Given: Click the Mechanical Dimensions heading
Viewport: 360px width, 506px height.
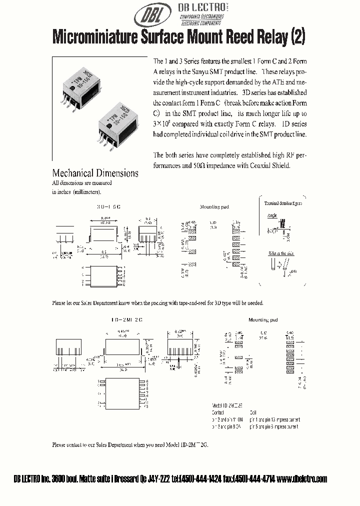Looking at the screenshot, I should [95, 173].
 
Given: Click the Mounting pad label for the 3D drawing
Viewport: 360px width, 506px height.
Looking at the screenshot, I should [214, 206].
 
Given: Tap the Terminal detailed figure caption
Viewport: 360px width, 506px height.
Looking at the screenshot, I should [283, 203].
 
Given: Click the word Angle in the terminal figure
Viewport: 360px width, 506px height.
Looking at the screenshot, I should [272, 215].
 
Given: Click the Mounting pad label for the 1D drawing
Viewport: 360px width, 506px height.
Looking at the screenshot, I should [263, 319].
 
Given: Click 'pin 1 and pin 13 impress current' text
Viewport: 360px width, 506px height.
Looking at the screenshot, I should [281, 420].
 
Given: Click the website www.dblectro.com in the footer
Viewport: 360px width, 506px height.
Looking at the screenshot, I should [302, 479].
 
